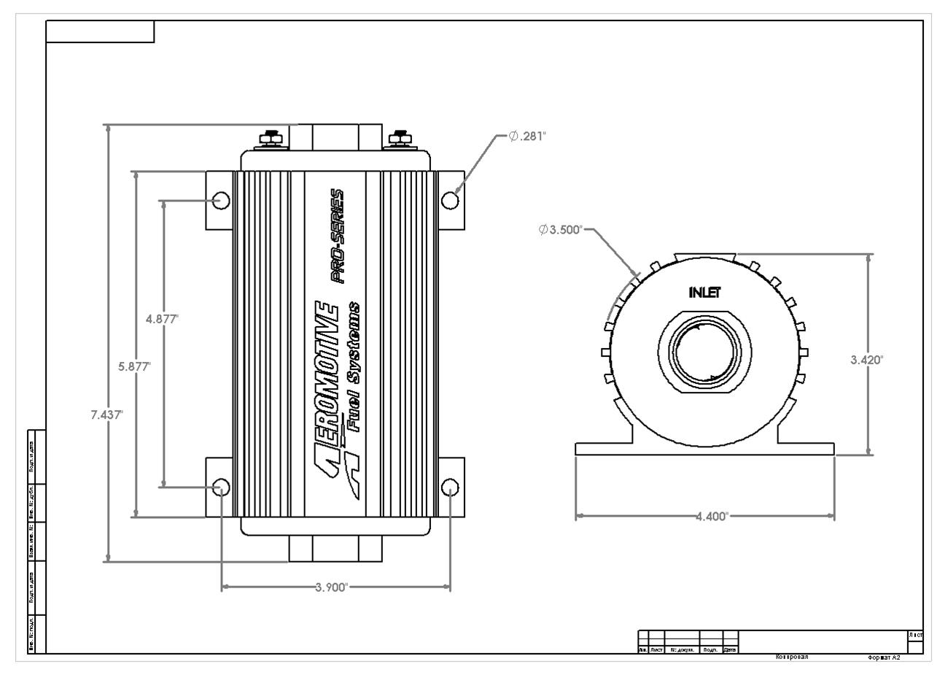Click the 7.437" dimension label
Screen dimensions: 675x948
coord(106,414)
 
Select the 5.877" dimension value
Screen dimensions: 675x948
coord(134,366)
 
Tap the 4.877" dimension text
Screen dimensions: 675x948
coord(162,318)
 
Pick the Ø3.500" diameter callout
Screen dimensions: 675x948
coord(560,230)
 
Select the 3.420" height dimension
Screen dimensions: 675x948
coord(866,360)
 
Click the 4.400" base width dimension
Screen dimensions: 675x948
coord(712,517)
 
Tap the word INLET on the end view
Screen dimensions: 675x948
coord(704,293)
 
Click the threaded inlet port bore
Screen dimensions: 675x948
coord(704,352)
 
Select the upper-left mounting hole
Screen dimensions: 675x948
coord(222,200)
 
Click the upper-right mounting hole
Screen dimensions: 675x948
coord(451,199)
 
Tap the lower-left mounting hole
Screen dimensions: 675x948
coord(222,487)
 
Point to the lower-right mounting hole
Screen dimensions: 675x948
coord(450,487)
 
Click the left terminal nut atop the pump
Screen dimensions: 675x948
coord(269,137)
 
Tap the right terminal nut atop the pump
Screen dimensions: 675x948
coord(399,137)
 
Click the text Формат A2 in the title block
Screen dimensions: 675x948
coord(884,657)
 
